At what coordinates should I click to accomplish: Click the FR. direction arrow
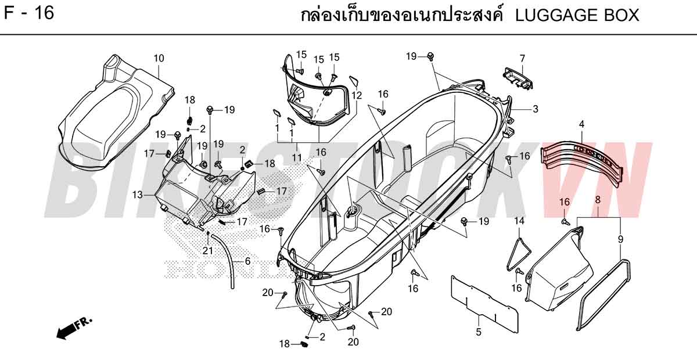tap(74, 328)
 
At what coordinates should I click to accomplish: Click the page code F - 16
tap(29, 13)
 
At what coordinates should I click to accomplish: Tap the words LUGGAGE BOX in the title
tap(577, 15)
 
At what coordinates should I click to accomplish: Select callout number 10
tap(159, 58)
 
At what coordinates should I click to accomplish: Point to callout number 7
tap(522, 58)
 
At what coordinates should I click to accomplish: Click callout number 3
tap(535, 109)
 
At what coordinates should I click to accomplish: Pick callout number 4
tap(581, 124)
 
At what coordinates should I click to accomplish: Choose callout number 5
tap(479, 332)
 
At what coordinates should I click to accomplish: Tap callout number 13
tap(137, 195)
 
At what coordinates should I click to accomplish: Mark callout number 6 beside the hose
tap(247, 261)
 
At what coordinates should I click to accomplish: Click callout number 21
tap(207, 250)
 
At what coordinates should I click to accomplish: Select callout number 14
tap(519, 221)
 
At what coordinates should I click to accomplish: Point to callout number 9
tap(620, 239)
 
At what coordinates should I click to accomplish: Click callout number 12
tap(357, 96)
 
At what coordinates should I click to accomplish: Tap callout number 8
tap(598, 200)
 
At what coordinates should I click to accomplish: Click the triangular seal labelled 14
tap(511, 261)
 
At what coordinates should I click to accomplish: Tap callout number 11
tap(297, 158)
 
